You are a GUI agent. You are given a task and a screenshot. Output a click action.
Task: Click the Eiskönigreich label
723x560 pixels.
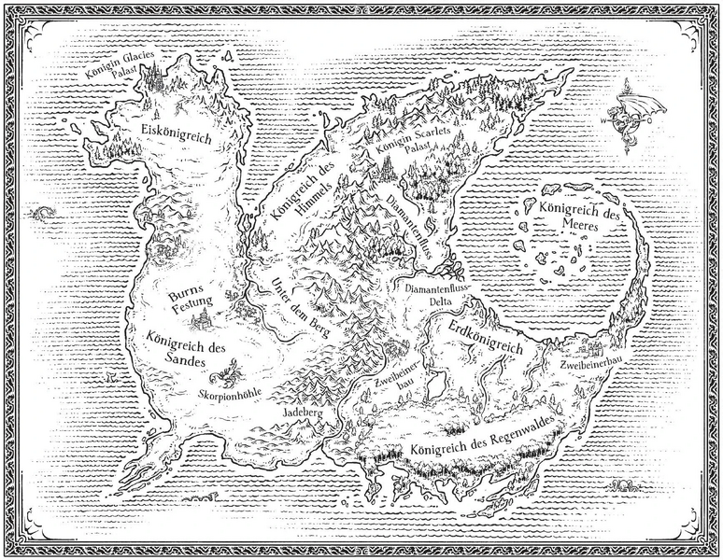[x=176, y=133]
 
